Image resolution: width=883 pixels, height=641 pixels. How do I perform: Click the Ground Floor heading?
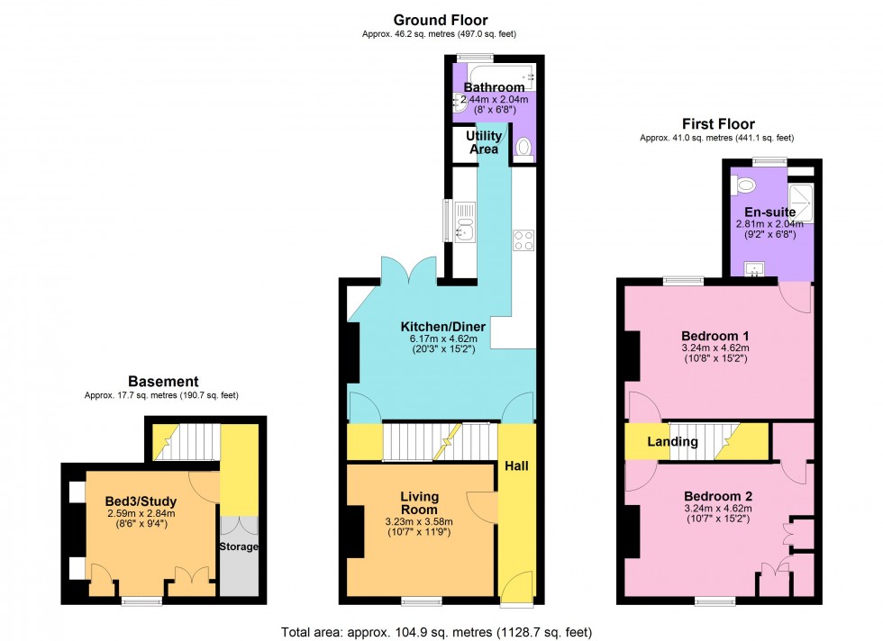pos(441,20)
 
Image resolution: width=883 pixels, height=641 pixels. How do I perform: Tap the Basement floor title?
pos(163,382)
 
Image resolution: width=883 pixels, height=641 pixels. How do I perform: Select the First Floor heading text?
pos(717,124)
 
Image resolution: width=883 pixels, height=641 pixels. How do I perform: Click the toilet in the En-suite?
pos(745,185)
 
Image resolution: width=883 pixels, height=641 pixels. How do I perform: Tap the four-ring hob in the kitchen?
pos(523,239)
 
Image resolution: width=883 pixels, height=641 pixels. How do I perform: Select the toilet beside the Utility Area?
pos(524,148)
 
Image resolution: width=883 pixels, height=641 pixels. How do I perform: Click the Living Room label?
pos(419,502)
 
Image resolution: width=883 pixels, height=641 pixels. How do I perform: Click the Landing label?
pos(672,442)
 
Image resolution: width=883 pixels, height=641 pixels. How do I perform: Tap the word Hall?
pos(516,466)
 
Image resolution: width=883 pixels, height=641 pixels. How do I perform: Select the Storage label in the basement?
pos(240,546)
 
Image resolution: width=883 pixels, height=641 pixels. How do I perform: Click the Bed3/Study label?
pos(141,501)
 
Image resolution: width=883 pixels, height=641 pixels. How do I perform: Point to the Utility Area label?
pos(484,142)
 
